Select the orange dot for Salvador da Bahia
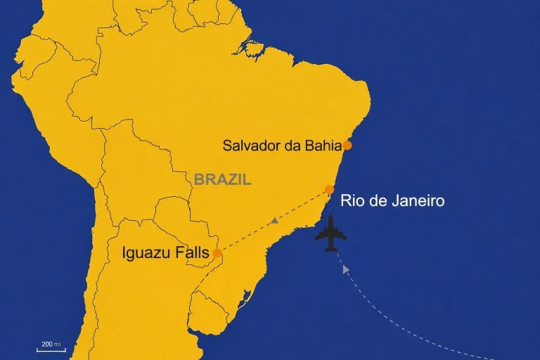(347, 146)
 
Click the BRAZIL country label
(222, 180)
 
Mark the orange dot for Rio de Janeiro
(329, 189)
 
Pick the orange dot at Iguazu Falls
(217, 253)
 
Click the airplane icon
(330, 233)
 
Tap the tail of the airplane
(330, 249)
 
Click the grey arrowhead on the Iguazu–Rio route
(275, 221)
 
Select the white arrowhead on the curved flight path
(345, 268)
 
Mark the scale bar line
(51, 349)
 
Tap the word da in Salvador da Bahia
(290, 146)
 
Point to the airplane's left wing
(320, 236)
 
